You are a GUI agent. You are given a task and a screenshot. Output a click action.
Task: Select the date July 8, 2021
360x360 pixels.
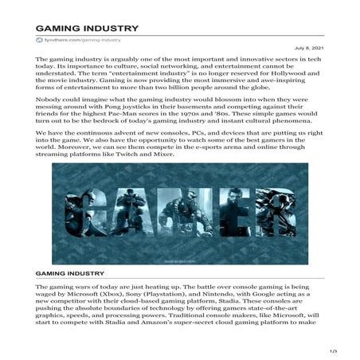coord(317,48)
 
